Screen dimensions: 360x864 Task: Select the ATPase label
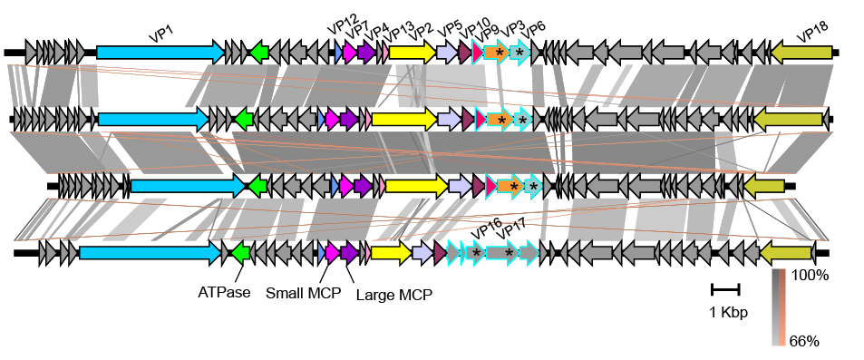pyautogui.click(x=218, y=293)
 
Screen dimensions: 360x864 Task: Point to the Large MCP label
pyautogui.click(x=394, y=295)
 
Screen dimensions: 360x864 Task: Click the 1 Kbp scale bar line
pyautogui.click(x=726, y=289)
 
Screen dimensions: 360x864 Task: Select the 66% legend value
pyautogui.click(x=805, y=341)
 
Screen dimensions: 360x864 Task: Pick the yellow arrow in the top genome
pyautogui.click(x=413, y=53)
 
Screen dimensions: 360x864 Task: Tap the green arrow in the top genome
pyautogui.click(x=258, y=53)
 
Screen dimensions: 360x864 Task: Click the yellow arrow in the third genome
pyautogui.click(x=417, y=186)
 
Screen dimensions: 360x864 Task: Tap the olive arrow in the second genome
pyautogui.click(x=789, y=119)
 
